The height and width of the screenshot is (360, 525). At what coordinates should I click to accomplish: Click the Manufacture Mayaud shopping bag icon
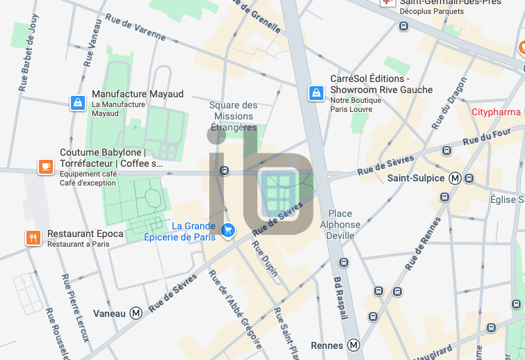pyautogui.click(x=77, y=103)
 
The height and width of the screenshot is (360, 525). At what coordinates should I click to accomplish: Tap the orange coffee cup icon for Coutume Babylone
pyautogui.click(x=45, y=167)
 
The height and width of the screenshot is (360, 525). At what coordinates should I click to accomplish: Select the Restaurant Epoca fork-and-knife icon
pyautogui.click(x=33, y=238)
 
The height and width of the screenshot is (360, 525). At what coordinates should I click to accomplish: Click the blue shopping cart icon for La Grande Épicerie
pyautogui.click(x=227, y=229)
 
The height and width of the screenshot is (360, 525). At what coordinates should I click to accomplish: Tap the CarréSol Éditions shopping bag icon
pyautogui.click(x=316, y=92)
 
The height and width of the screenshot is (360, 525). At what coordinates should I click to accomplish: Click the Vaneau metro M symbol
pyautogui.click(x=136, y=313)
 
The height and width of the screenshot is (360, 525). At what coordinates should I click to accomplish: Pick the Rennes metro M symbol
pyautogui.click(x=354, y=345)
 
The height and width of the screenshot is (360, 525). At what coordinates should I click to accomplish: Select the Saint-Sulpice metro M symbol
pyautogui.click(x=455, y=178)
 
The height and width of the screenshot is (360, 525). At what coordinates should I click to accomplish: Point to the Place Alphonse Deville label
pyautogui.click(x=340, y=224)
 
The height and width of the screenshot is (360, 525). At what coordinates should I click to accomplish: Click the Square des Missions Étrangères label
pyautogui.click(x=234, y=116)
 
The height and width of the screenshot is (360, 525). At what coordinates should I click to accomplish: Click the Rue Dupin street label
pyautogui.click(x=265, y=258)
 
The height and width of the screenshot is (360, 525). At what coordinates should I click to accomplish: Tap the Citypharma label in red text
pyautogui.click(x=496, y=112)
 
